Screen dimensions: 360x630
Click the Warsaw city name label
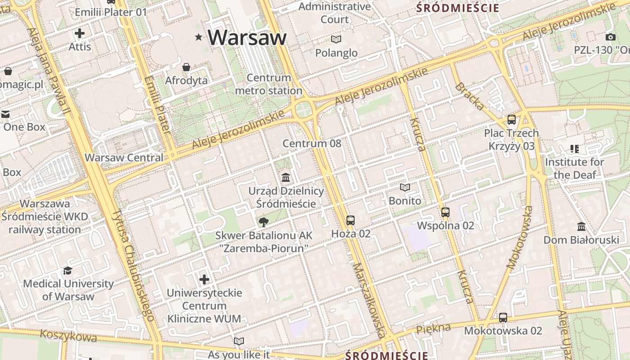click(247, 37)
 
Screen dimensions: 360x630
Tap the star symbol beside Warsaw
click(198, 37)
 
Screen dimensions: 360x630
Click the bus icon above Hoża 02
click(351, 220)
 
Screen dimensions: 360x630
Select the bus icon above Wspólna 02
click(445, 212)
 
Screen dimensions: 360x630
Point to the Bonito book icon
click(405, 187)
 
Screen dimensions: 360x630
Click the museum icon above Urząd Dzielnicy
click(286, 177)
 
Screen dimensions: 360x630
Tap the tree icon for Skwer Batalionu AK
click(263, 221)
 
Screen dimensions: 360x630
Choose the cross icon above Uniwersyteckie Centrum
click(204, 279)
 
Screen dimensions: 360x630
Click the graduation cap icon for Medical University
click(67, 270)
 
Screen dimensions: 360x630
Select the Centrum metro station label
click(269, 84)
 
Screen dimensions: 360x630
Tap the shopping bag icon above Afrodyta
click(186, 67)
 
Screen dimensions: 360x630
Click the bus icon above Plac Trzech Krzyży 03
click(511, 120)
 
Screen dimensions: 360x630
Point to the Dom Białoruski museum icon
click(581, 226)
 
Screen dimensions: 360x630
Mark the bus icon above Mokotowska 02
click(503, 317)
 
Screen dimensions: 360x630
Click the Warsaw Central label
click(124, 157)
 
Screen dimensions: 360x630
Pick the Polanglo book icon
click(336, 39)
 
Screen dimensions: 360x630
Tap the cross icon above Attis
click(80, 33)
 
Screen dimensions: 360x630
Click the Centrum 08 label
click(312, 144)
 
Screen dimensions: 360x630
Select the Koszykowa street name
click(68, 336)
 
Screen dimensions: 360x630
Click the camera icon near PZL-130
click(611, 37)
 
